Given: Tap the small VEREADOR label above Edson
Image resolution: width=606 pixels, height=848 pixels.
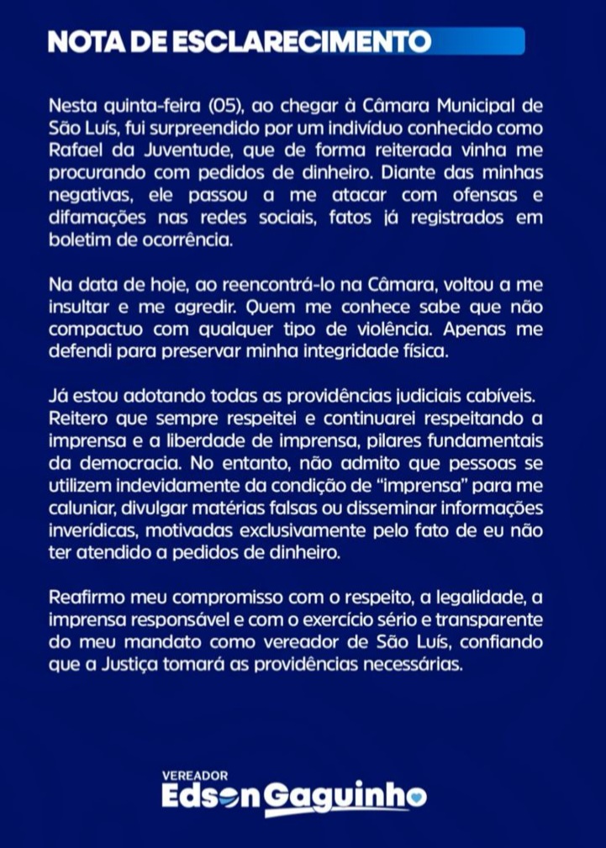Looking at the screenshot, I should coord(195,776).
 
